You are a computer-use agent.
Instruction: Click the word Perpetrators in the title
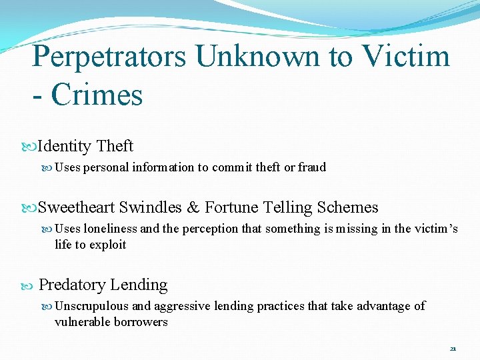109,57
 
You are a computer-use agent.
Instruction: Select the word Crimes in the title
97,94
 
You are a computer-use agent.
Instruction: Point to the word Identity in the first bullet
65,146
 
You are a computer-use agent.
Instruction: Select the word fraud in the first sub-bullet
312,167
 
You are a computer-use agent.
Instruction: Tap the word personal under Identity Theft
106,167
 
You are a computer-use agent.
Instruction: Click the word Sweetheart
76,207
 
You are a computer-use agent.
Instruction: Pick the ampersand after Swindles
193,207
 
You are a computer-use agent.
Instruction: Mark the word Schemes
347,207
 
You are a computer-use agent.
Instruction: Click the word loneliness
111,229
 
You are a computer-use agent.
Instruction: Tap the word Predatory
72,285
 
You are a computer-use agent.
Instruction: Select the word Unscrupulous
92,306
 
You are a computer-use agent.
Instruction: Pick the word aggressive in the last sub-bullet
180,306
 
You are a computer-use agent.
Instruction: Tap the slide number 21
453,349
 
